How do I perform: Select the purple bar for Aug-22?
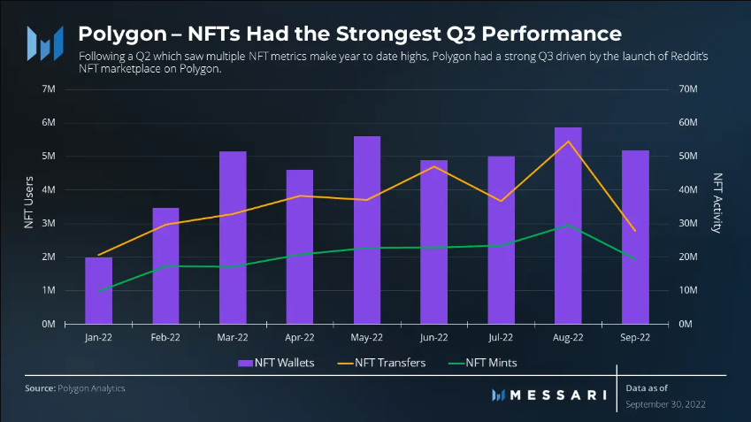pyautogui.click(x=568, y=226)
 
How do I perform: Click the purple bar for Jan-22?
pyautogui.click(x=98, y=291)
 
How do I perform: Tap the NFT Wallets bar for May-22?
pyautogui.click(x=366, y=230)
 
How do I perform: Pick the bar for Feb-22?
pyautogui.click(x=165, y=265)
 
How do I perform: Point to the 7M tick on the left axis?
pyautogui.click(x=50, y=89)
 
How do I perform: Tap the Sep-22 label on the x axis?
pyautogui.click(x=634, y=337)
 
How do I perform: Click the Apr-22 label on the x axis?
pyautogui.click(x=300, y=337)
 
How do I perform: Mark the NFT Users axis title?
pyautogui.click(x=28, y=206)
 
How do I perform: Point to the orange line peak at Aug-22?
pyautogui.click(x=568, y=142)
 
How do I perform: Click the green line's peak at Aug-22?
pyautogui.click(x=568, y=225)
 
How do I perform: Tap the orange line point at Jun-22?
pyautogui.click(x=433, y=166)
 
